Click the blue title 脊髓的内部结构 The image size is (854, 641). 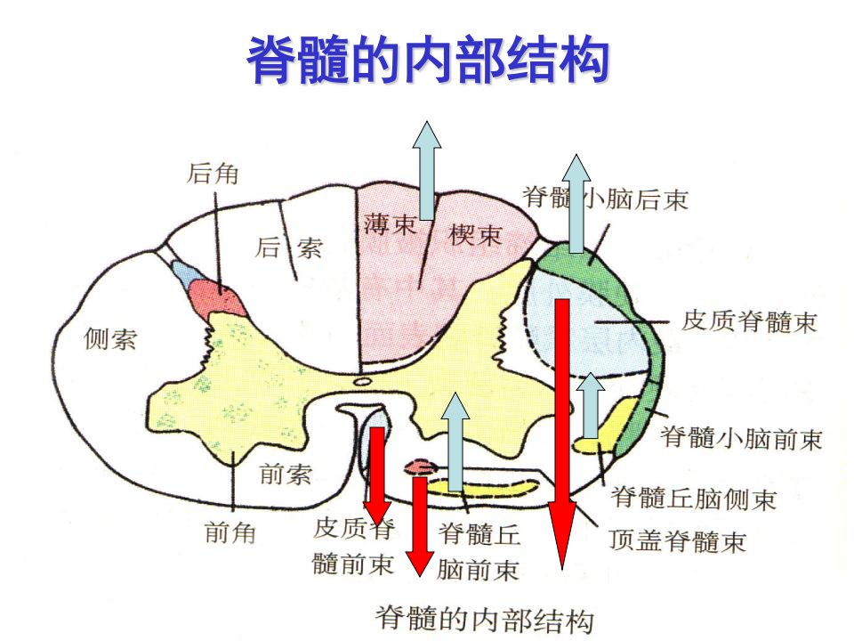coord(428,60)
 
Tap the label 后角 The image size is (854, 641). coord(213,174)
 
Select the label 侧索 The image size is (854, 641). coord(110,338)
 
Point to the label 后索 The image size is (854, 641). coord(288,248)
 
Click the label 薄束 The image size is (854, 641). coord(390,224)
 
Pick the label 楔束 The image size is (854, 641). coord(474,235)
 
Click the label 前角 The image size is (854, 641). coord(230,531)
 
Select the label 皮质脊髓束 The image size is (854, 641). coord(749,320)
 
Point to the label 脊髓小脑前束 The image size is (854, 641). coord(741,438)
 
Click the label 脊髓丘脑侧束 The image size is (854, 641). coord(693,499)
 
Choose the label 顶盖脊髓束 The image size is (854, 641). coord(677,540)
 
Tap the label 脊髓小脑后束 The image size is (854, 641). coord(606,199)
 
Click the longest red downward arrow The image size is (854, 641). coord(562,434)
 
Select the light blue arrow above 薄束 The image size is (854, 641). coord(427,170)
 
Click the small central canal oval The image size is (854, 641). coord(361,382)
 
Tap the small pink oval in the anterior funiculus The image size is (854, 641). coord(421,467)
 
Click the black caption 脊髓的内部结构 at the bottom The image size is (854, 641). coord(485,619)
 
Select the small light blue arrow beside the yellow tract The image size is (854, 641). coord(591,406)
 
